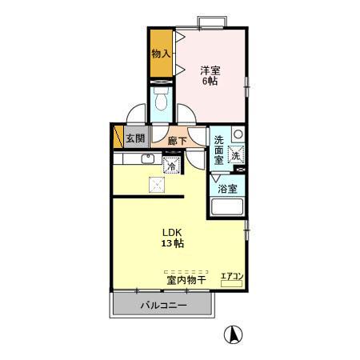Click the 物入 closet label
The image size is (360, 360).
[x=161, y=54]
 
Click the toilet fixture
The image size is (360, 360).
[x=160, y=101]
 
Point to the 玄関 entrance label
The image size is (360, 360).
[x=135, y=138]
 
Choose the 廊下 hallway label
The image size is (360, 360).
[x=178, y=141]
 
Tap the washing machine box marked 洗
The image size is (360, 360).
[x=236, y=155]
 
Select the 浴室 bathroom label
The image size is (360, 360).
[x=228, y=189]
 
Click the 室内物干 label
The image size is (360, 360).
[x=186, y=280]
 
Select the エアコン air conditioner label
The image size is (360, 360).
[x=233, y=278]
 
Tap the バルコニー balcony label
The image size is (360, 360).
[x=163, y=305]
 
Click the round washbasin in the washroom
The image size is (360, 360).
[x=238, y=134]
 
